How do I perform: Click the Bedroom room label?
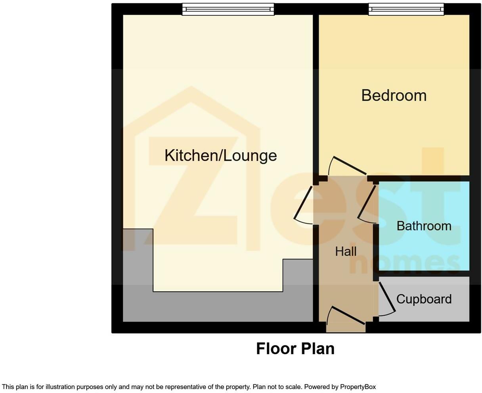(394, 95)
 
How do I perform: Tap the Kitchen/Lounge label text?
(220, 155)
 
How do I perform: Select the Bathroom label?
(424, 226)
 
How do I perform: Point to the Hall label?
(346, 252)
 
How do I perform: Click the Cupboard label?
(424, 299)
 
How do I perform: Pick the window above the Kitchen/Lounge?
(228, 9)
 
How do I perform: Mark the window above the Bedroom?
(406, 9)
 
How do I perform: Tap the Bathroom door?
(367, 203)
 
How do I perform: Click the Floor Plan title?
(295, 349)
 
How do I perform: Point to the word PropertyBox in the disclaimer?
(358, 387)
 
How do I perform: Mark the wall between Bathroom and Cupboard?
(424, 274)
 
